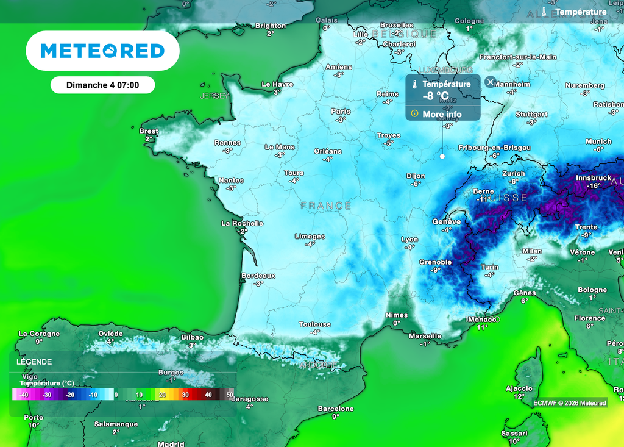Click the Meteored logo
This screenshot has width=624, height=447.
pos(102,51)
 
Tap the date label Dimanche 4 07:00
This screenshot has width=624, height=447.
pos(102,85)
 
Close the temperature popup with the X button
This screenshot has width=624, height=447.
pos(491,82)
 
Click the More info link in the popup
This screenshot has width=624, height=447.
pos(442,114)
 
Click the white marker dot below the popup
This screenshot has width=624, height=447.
pos(442,156)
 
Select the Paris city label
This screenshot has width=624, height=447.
pos(341,112)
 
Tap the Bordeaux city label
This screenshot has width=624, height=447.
pos(258,276)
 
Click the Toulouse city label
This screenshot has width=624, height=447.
pos(314,324)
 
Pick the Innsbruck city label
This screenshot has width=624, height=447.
pos(593,178)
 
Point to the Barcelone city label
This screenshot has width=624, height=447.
pos(336,409)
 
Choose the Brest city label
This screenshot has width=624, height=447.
pos(149,131)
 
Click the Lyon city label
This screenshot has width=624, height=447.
pos(409,240)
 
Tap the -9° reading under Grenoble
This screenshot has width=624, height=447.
pos(435,270)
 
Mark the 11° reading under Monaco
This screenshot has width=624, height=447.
pos(482,327)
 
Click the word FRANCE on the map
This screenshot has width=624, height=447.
pos(326,206)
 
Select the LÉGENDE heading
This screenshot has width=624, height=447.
pos(34,362)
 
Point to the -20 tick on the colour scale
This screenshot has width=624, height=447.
pos(69,395)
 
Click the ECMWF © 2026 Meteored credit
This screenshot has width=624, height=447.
pos(570,402)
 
